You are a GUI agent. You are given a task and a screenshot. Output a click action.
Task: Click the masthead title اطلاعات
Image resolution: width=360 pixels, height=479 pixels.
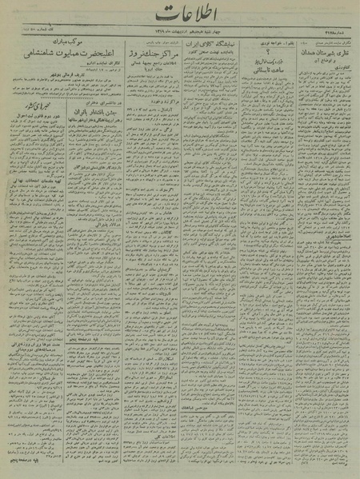point(179,14)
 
